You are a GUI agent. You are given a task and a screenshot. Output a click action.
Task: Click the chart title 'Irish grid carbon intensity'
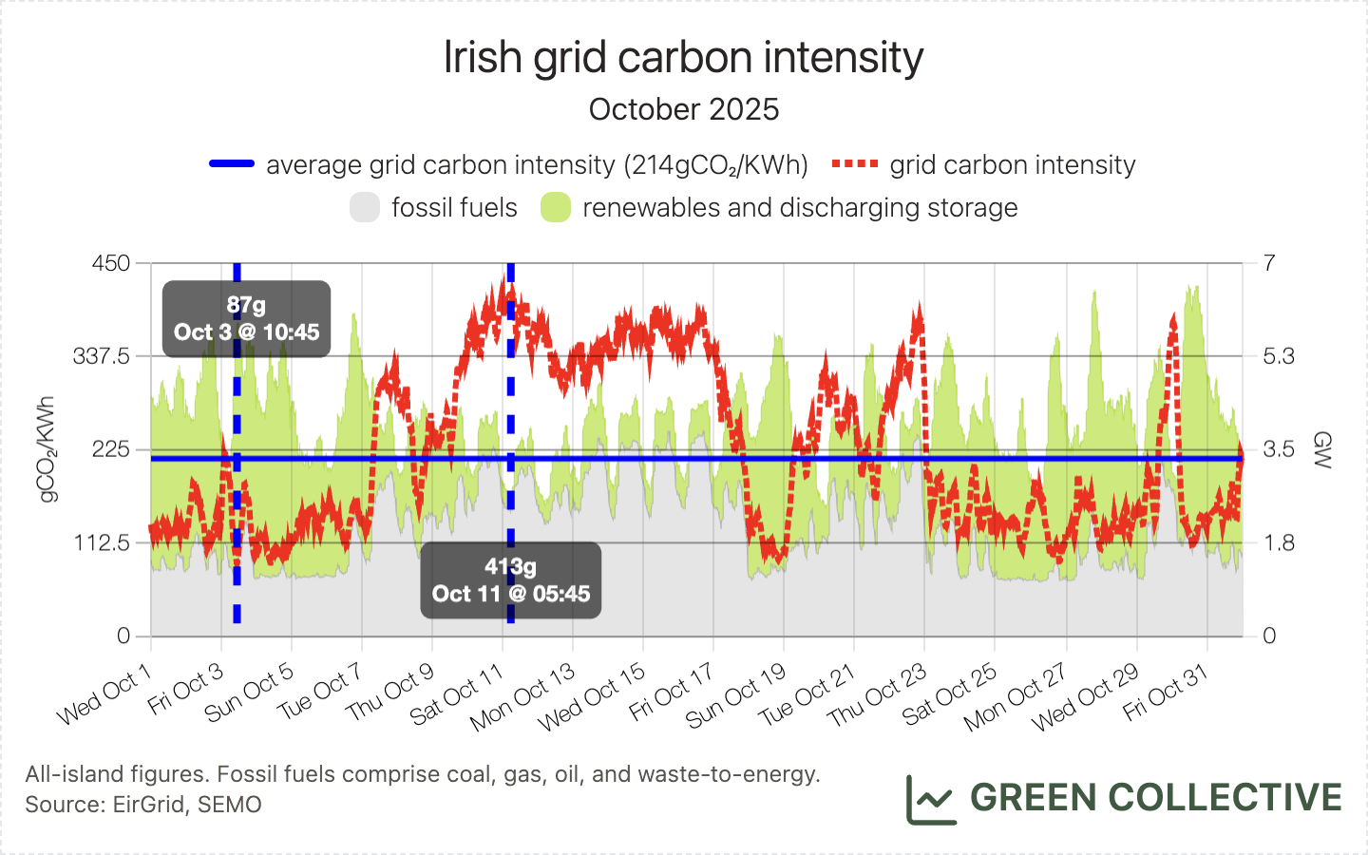[683, 57]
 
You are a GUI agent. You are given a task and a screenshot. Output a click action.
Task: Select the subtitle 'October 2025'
[683, 109]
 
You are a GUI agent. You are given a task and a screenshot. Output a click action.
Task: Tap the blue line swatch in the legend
[232, 164]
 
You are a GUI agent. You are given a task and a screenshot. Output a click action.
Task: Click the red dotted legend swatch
[854, 164]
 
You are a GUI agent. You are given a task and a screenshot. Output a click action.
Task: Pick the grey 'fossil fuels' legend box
[365, 207]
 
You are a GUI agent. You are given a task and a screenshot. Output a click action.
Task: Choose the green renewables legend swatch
[556, 207]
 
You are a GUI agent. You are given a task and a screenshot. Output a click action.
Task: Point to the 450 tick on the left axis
[111, 263]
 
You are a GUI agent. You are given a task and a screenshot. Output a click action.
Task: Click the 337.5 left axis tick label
[102, 356]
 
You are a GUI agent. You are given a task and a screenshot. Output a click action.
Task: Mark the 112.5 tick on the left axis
[102, 542]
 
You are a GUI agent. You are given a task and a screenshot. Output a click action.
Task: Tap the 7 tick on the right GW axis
[1269, 263]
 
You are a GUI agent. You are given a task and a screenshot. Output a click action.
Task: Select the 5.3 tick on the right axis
[1279, 356]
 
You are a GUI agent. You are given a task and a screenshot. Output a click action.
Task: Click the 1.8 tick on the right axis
[1279, 542]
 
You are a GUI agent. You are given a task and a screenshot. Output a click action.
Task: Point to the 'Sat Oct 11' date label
[458, 696]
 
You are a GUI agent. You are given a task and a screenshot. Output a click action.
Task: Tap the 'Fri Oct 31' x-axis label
[1165, 693]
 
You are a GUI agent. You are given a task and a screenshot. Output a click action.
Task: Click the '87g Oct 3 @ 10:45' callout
[246, 319]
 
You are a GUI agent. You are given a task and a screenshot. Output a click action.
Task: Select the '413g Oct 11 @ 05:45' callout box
[511, 580]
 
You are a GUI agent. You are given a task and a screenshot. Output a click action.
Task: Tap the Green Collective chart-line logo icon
[930, 799]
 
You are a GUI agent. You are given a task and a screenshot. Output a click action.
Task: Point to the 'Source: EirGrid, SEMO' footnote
[143, 805]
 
